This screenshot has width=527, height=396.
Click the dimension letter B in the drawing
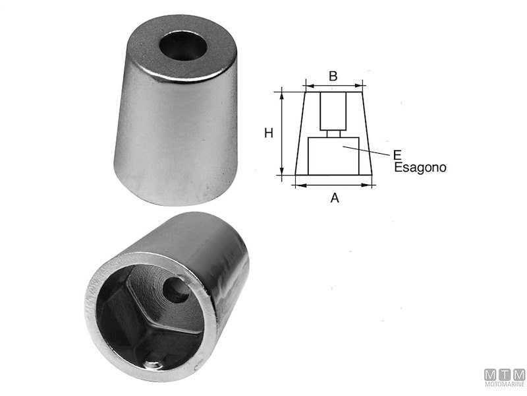coord(333,76)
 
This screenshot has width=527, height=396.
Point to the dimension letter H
coord(269,133)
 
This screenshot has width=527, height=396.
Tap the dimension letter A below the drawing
coord(334,197)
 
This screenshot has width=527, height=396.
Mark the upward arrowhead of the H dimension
coord(282,94)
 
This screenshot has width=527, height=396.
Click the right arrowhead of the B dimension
coord(361,85)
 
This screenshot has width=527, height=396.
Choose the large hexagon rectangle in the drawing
coord(333,154)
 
